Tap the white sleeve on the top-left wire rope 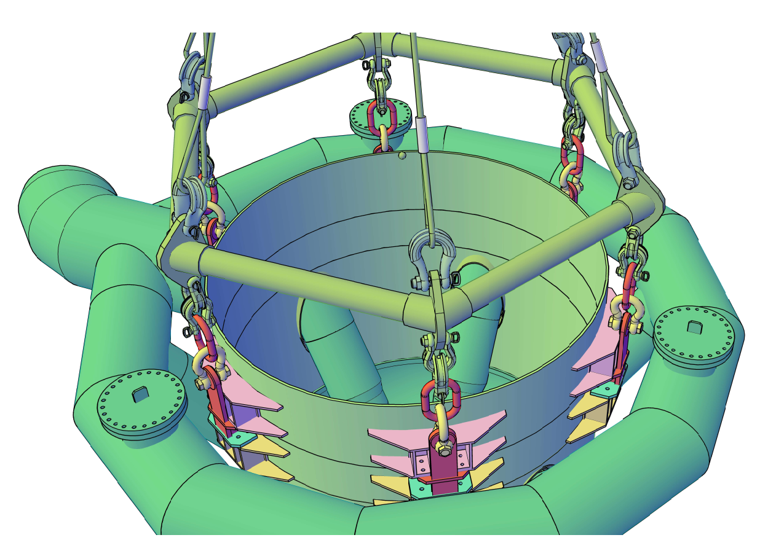[204, 92]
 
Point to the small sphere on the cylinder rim [402, 155]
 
